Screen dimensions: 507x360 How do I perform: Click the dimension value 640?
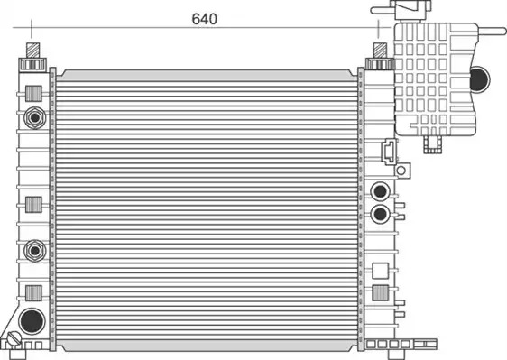tap(205, 19)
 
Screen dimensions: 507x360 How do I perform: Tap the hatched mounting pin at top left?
tap(33, 51)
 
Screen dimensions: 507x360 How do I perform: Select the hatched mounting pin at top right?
tap(380, 51)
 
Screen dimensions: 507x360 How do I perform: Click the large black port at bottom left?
tap(32, 321)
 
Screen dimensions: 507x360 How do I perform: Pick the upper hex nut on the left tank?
tap(34, 117)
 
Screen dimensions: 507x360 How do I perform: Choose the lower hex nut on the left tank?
tap(34, 250)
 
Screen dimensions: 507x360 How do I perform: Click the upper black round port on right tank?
tap(380, 191)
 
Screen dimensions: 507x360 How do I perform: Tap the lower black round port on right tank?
tap(380, 214)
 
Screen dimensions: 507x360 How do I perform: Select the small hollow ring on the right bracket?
tap(401, 171)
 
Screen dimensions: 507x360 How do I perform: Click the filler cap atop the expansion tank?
tap(410, 10)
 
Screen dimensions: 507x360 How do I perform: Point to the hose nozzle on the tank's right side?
tap(492, 32)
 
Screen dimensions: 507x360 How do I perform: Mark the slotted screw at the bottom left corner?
tap(14, 339)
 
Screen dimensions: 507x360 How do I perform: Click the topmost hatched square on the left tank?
tap(33, 94)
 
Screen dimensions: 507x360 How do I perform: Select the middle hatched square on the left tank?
tap(33, 205)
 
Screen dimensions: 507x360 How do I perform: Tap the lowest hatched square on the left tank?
tap(33, 293)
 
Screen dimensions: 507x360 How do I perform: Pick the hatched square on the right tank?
tap(381, 293)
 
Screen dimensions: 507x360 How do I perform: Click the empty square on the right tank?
tap(381, 271)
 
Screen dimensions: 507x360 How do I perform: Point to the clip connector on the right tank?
tap(389, 152)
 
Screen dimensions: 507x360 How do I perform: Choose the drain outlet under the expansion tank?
tap(433, 144)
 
